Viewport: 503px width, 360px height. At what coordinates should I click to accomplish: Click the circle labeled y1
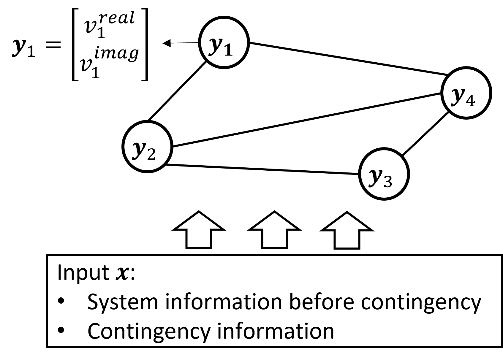(224, 43)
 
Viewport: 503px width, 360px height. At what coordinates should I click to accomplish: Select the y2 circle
(148, 148)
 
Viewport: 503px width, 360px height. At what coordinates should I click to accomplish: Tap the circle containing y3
(384, 175)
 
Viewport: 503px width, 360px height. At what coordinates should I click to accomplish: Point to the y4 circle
(466, 93)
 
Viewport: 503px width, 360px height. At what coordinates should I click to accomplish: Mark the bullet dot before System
(61, 303)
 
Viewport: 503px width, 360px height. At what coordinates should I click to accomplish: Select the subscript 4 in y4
(470, 101)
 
